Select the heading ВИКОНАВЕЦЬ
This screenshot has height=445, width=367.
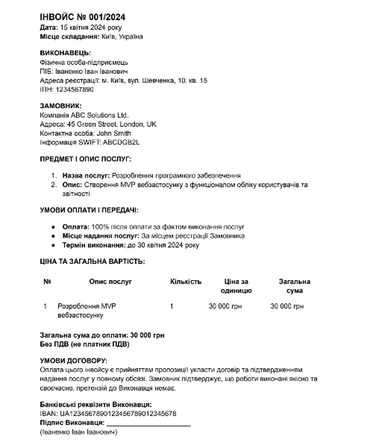point(65,53)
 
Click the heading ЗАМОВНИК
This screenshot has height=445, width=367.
point(61,106)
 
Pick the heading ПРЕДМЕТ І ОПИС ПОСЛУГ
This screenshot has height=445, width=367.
point(86,159)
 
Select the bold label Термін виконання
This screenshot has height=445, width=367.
point(91,245)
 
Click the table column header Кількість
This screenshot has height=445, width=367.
point(186,281)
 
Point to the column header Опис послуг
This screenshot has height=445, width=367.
point(111,281)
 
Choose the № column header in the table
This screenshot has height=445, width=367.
point(47,281)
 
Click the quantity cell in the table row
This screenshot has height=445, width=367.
point(172,306)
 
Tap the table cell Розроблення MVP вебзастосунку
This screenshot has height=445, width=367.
point(87,311)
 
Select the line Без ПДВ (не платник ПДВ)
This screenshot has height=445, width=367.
point(84,344)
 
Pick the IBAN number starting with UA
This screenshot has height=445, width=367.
point(118,414)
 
